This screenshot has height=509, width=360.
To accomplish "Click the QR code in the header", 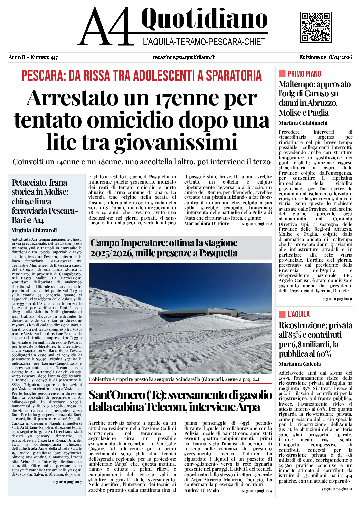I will coord(316,27).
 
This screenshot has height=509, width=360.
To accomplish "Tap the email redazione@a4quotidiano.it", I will coord(183,57).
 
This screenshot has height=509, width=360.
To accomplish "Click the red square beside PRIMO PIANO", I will coord(282,74).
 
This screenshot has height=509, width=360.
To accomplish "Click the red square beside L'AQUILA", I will coord(282,314).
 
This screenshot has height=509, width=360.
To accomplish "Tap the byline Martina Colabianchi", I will coord(303,123).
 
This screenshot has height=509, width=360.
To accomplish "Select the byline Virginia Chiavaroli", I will coord(34,230).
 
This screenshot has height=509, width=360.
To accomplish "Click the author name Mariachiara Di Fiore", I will coord(206,223).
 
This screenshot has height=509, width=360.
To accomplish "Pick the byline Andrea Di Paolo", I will coord(201,490).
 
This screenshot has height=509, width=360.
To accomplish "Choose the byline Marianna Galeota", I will coord(300,364).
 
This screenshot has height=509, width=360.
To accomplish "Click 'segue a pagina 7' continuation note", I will coord(67,482).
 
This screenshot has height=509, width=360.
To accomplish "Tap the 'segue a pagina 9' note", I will coord(337,299).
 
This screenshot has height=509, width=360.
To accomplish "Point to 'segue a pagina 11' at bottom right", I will coord(337,489).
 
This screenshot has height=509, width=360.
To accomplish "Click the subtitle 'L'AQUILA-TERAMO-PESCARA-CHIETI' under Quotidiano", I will coord(205,42).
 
